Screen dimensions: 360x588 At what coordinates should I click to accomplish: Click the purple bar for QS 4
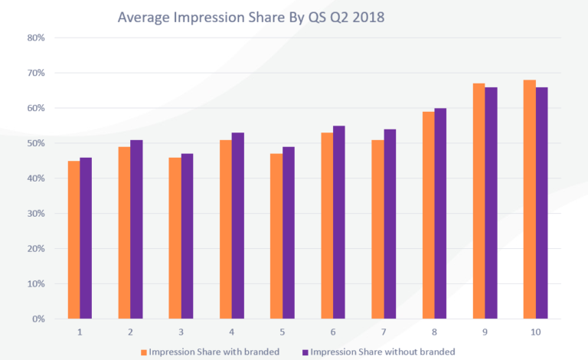237,225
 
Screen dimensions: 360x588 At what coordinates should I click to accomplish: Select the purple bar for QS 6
338,222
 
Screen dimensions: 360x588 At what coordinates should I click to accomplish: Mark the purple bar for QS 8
439,214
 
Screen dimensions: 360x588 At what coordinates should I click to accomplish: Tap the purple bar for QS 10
541,203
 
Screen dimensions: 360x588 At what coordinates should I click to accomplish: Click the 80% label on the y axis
36,38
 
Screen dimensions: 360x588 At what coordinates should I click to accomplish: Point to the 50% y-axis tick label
36,143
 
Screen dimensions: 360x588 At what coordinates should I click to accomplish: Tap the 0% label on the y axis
38,319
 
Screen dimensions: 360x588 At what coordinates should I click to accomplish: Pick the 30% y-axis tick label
36,214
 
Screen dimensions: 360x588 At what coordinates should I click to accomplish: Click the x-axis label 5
282,332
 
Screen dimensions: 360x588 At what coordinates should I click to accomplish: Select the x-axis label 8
433,332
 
